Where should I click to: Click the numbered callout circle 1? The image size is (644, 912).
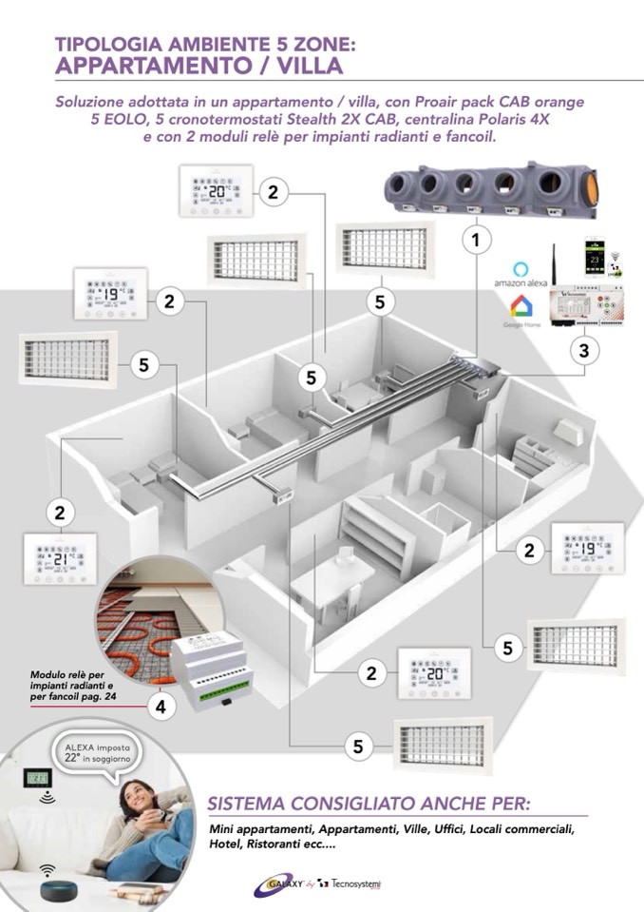(476, 240)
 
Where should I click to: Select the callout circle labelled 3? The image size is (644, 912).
(584, 351)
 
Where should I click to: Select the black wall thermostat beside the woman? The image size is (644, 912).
(41, 780)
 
